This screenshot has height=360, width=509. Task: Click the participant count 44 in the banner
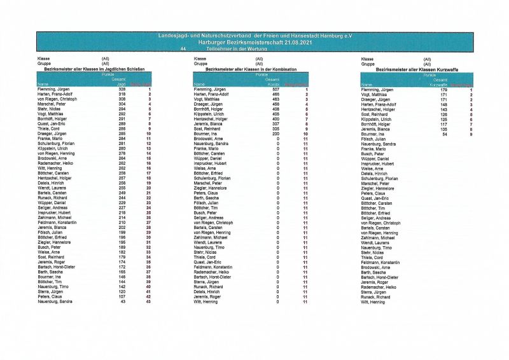pyautogui.click(x=183, y=49)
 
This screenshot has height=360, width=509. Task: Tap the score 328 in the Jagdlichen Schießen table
pyautogui.click(x=122, y=90)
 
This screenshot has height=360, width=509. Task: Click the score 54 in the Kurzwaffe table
pyautogui.click(x=445, y=135)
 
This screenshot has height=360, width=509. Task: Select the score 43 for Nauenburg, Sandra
pyautogui.click(x=123, y=301)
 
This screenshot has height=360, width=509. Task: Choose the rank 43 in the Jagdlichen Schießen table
pyautogui.click(x=148, y=301)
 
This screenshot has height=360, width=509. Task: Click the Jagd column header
pyautogui.click(x=122, y=84)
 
